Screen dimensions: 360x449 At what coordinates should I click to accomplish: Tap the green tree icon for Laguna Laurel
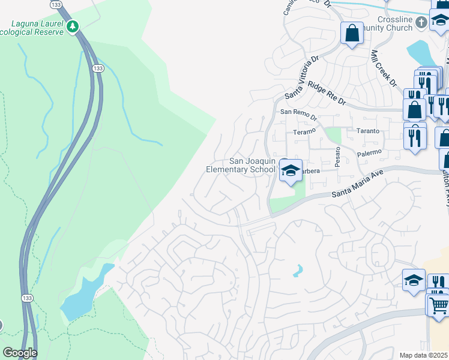point(73,27)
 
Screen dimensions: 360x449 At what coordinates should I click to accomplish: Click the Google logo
point(20,353)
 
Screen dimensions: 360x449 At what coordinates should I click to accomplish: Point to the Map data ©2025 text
point(424,355)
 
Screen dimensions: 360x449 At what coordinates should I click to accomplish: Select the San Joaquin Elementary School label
point(241,165)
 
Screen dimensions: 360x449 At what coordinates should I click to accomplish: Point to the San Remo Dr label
point(297,112)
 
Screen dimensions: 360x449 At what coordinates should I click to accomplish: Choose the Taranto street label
point(367,131)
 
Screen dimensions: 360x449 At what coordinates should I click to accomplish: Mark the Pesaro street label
point(338,160)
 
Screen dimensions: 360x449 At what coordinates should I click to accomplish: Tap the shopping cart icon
point(439,304)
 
